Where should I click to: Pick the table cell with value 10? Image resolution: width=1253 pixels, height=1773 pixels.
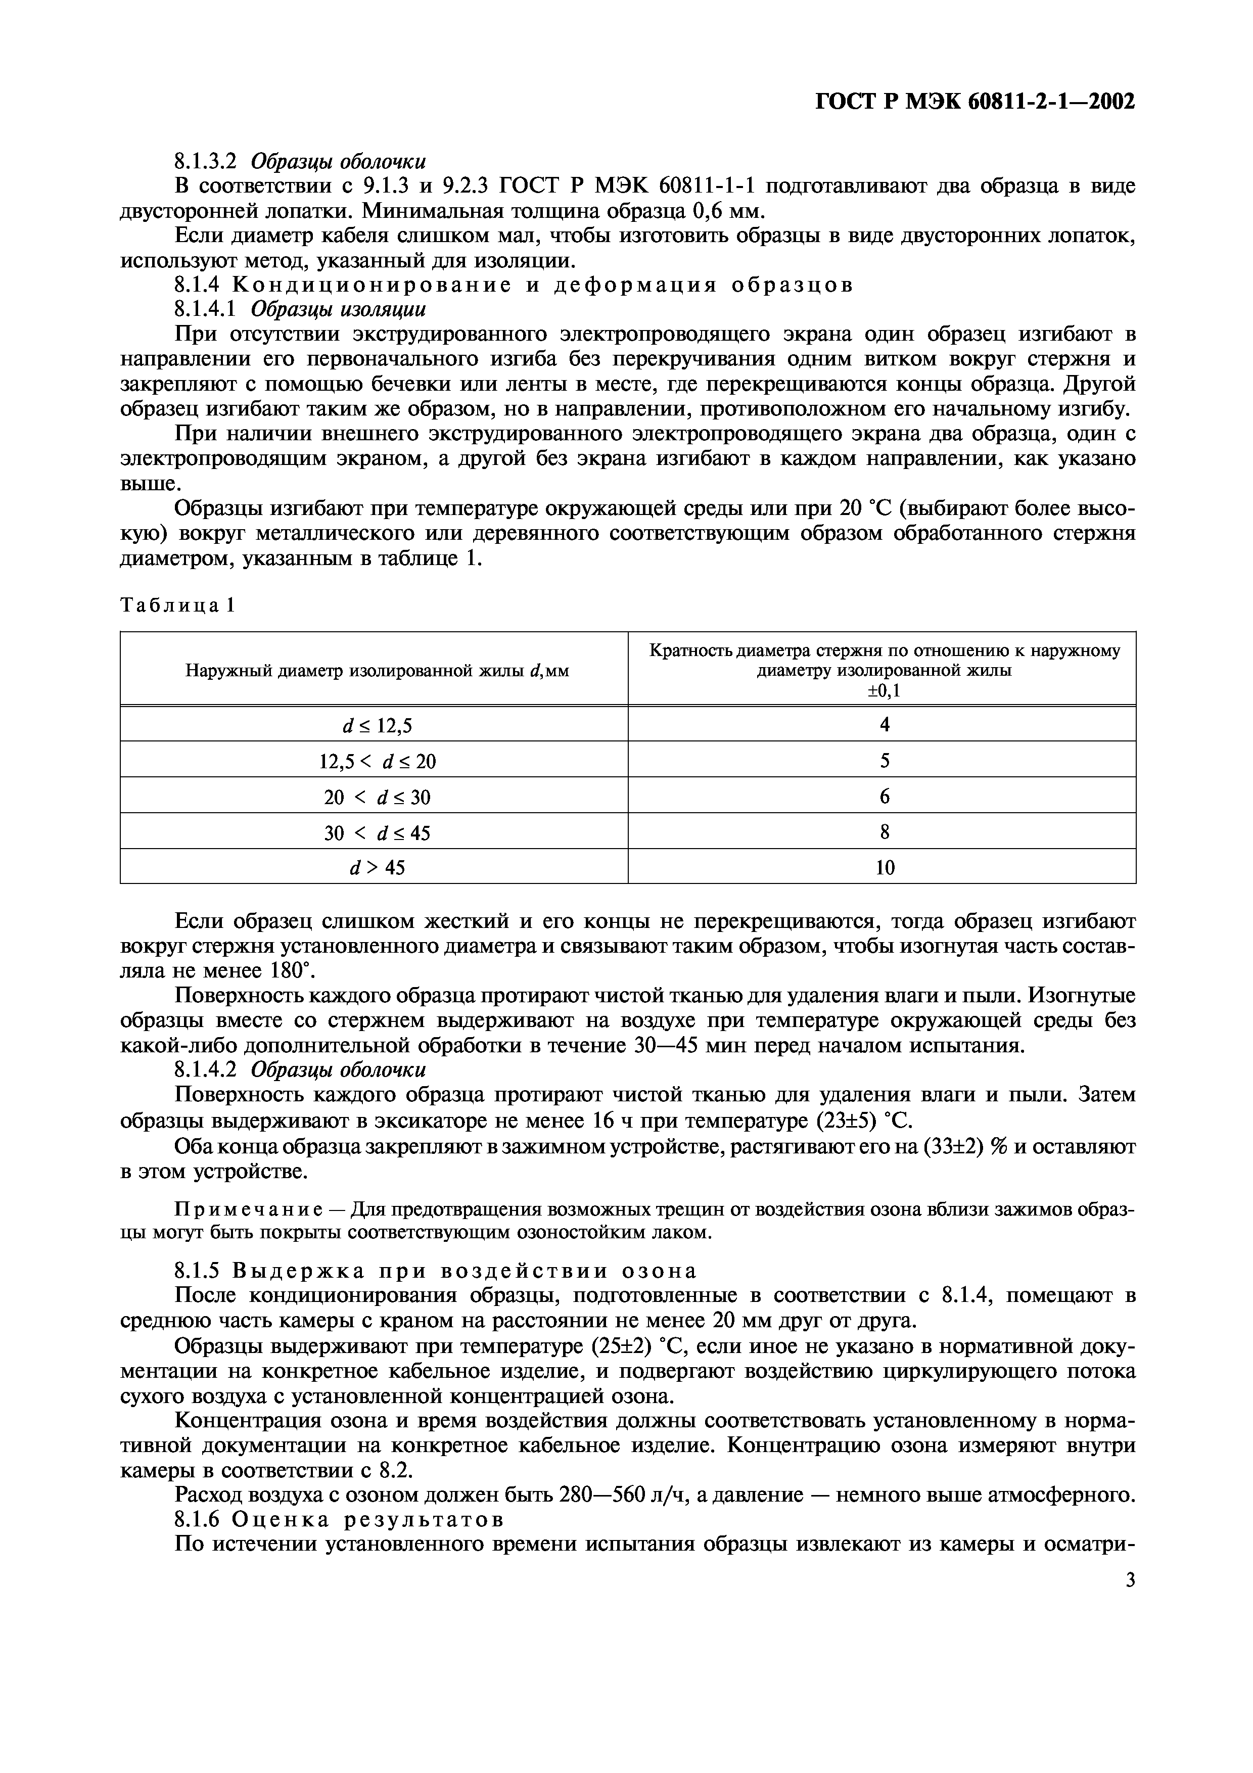884,867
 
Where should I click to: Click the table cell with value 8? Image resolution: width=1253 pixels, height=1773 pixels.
884,832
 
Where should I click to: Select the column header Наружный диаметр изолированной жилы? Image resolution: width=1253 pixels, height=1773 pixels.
377,670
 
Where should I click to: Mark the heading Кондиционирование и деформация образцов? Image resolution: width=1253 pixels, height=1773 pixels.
543,285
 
